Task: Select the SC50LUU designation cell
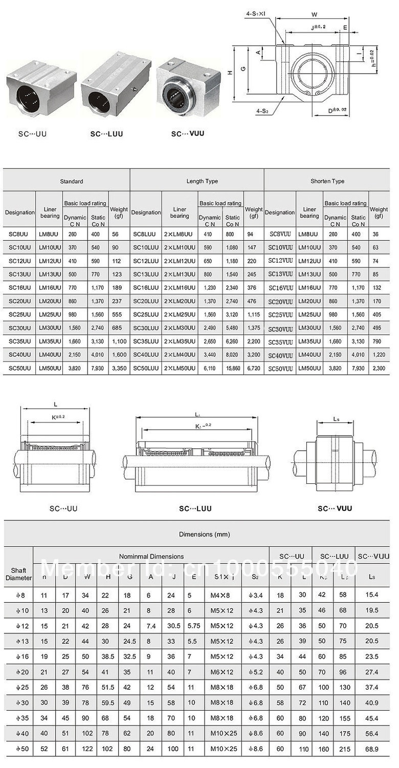[x=146, y=368]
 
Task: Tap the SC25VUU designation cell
[x=280, y=314]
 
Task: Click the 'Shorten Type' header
[x=327, y=181]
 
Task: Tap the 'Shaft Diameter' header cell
[x=18, y=573]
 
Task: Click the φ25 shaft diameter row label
[x=18, y=687]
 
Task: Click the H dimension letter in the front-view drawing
[x=230, y=73]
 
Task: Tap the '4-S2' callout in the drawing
[x=264, y=110]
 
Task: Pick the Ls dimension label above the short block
[x=336, y=419]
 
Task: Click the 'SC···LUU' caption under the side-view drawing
[x=195, y=508]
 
